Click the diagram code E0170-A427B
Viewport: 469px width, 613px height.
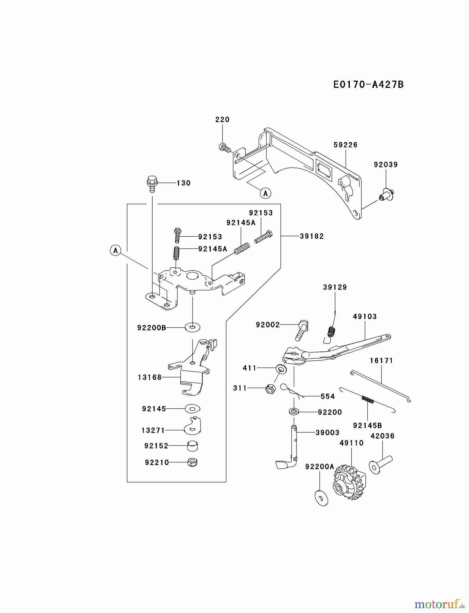pos(368,84)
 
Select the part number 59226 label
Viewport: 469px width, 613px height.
pos(345,145)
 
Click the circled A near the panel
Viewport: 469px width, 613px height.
pos(265,193)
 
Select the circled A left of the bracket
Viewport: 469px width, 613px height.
pos(116,251)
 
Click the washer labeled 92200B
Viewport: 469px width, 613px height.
pos(193,328)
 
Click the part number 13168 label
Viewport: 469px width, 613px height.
pos(150,377)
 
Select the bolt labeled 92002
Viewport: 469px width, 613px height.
pos(302,330)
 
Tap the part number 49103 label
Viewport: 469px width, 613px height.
pos(365,316)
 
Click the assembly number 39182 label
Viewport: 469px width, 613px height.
pos(312,236)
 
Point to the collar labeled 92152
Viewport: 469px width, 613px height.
pos(193,445)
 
